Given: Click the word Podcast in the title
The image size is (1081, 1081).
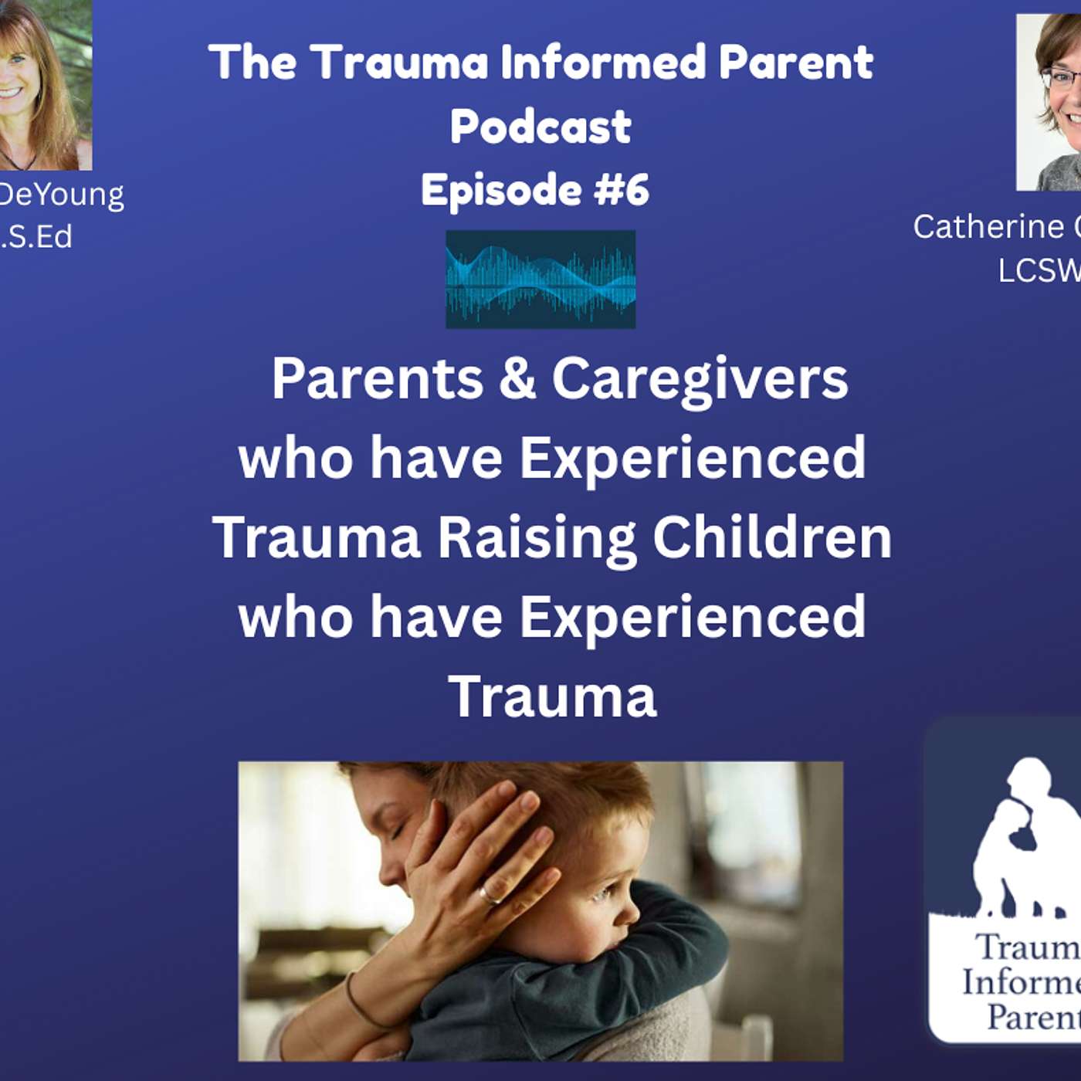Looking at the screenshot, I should pyautogui.click(x=540, y=127).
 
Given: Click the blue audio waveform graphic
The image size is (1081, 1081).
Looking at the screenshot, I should pyautogui.click(x=540, y=279).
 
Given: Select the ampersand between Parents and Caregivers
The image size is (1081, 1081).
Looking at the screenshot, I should pyautogui.click(x=517, y=379).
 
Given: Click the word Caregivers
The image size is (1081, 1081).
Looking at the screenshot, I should pyautogui.click(x=700, y=379).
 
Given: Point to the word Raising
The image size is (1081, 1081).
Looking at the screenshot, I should pyautogui.click(x=537, y=537).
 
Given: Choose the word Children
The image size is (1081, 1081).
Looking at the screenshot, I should pyautogui.click(x=772, y=537).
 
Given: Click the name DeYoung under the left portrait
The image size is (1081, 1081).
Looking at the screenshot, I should pyautogui.click(x=62, y=195).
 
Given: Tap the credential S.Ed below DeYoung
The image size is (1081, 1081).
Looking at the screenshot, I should pyautogui.click(x=39, y=237).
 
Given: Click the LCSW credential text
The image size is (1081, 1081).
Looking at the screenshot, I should pyautogui.click(x=1039, y=270).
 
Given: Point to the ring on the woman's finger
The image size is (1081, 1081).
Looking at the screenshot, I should pyautogui.click(x=489, y=896).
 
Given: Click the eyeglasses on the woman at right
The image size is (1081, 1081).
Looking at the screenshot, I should pyautogui.click(x=1062, y=78).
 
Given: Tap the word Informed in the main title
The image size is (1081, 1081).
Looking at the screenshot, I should pyautogui.click(x=602, y=62).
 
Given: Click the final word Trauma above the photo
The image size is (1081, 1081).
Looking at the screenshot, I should pyautogui.click(x=552, y=696).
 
